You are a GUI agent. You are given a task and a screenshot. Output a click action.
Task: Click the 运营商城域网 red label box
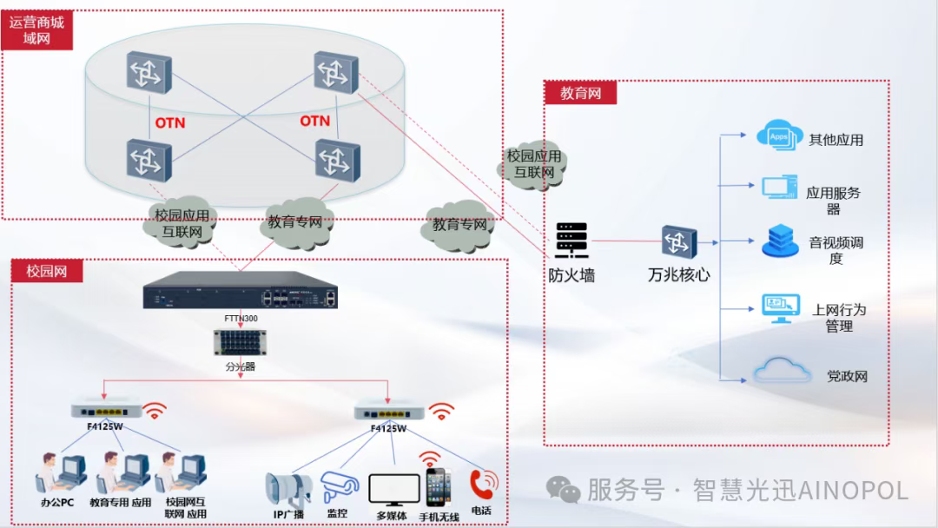point(37,30)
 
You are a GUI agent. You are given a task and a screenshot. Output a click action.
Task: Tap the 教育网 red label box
point(580,92)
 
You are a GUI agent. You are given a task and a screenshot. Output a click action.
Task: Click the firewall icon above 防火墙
point(571,240)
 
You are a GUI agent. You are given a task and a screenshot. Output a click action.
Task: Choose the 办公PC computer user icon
point(61,473)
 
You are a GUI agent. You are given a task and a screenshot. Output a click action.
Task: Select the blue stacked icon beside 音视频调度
point(779,241)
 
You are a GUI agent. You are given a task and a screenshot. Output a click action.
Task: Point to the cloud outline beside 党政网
point(781,372)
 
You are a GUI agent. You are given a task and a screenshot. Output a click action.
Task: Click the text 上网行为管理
point(838,318)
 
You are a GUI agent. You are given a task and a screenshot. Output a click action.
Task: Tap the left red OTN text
point(170,123)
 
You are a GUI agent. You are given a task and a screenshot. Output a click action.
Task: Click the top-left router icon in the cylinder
point(149,71)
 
